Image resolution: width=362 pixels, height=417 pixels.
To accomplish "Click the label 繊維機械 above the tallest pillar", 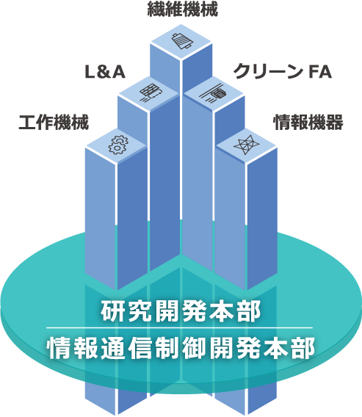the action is pos(182,9).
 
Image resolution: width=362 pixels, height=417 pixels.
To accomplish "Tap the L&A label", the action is pos(105,72).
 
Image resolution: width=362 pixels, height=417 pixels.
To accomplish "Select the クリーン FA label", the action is pos(283,71).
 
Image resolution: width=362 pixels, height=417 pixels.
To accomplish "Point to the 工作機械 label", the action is pos(54,122).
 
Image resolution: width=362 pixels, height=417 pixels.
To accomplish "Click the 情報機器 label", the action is pos(308,122).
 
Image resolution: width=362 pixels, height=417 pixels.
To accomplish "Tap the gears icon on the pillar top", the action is pos(118,145).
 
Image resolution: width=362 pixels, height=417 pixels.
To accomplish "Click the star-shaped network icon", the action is pos(246,145).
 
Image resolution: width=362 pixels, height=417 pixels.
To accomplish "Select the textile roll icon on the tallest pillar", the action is pos(182,41).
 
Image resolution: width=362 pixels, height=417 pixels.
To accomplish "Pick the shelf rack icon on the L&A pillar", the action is pos(151,93).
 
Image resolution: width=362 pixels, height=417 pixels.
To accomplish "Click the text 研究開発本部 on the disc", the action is pos(181,311).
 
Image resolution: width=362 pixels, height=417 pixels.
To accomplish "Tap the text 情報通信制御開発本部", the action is pos(181,347).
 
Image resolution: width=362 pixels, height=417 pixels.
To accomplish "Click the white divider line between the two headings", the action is pos(180,328).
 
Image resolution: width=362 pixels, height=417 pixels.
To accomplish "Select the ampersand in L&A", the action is pos(105,72).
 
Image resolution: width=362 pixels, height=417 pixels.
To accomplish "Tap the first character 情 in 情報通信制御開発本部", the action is pos(58,347).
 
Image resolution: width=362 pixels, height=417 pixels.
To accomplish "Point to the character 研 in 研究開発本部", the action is pos(112,311).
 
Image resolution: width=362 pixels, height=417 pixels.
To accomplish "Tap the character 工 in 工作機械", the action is pos(27,123).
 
